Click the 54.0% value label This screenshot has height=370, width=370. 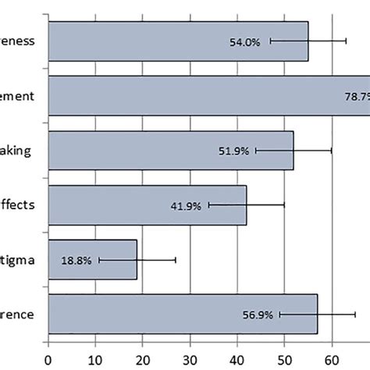coord(245,41)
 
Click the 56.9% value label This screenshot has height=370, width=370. coord(256,315)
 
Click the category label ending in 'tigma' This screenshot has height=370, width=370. coord(18,260)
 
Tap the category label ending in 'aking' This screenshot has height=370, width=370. coord(16,151)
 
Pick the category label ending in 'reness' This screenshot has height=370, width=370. coord(17,41)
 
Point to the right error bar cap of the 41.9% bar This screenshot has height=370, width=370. coord(284,205)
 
